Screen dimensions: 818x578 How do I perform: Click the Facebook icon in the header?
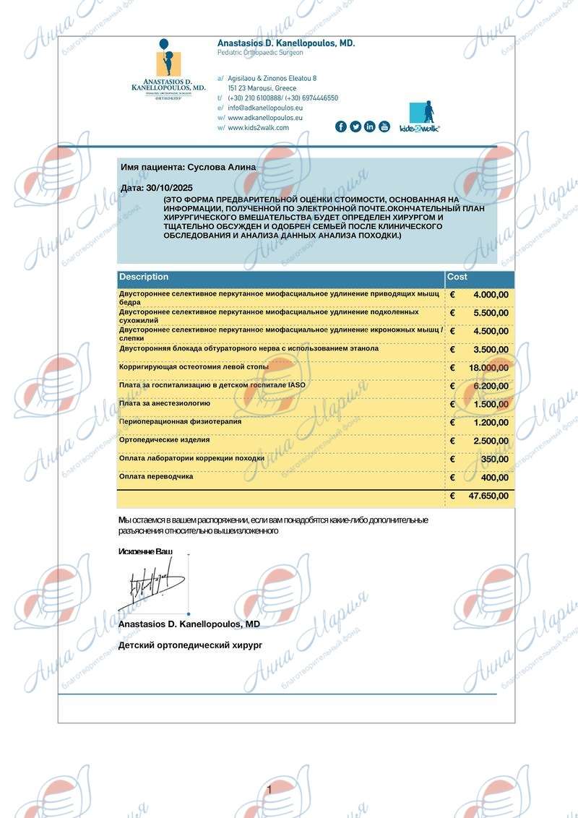click(341, 126)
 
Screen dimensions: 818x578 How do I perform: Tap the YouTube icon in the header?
click(384, 126)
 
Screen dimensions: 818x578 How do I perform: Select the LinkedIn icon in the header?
click(370, 126)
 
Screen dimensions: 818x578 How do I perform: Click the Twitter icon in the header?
click(355, 126)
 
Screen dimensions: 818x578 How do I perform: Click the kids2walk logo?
click(420, 116)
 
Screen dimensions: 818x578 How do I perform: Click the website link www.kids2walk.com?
click(258, 128)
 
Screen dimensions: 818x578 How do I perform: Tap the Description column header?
click(144, 277)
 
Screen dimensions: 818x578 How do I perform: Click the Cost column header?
click(457, 277)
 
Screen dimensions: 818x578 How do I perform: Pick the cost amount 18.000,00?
click(488, 368)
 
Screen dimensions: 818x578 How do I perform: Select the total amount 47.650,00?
click(488, 496)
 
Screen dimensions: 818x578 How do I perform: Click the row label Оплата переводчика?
click(156, 477)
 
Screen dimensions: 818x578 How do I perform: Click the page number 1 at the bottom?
click(269, 790)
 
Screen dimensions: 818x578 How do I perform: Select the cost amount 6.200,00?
click(491, 386)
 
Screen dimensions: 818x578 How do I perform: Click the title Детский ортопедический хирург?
click(189, 645)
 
